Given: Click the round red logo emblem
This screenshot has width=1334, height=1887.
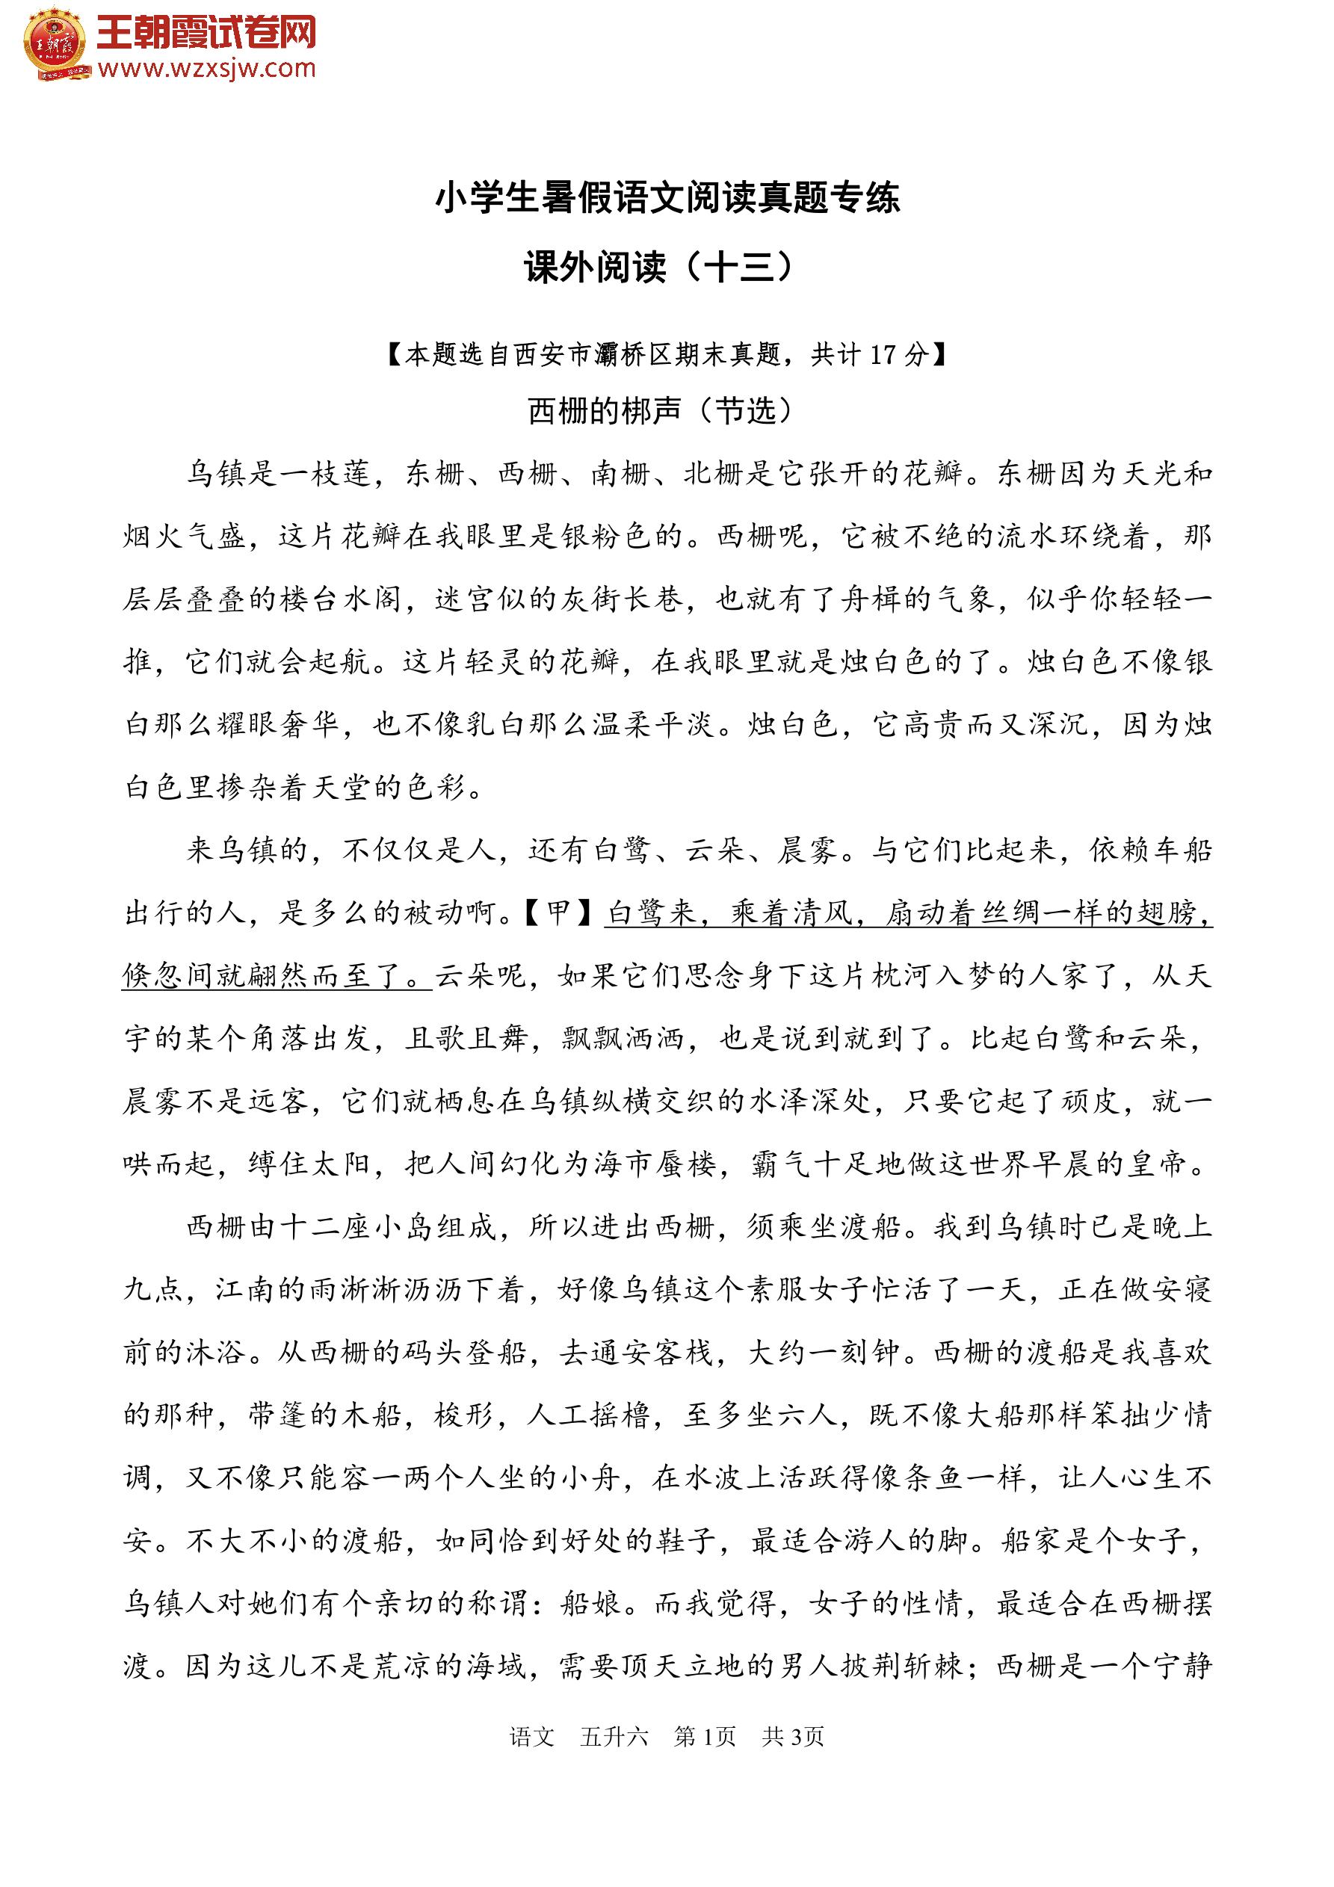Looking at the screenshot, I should pyautogui.click(x=55, y=43).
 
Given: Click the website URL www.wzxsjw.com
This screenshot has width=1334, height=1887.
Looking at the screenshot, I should pyautogui.click(x=206, y=69).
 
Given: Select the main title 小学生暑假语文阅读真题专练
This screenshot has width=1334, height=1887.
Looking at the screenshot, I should pyautogui.click(x=667, y=198).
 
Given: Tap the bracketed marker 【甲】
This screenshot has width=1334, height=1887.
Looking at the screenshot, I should pyautogui.click(x=560, y=912).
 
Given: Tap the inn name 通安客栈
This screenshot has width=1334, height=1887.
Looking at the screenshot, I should pyautogui.click(x=652, y=1352).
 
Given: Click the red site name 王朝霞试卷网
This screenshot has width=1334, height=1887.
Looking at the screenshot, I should pyautogui.click(x=206, y=34).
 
